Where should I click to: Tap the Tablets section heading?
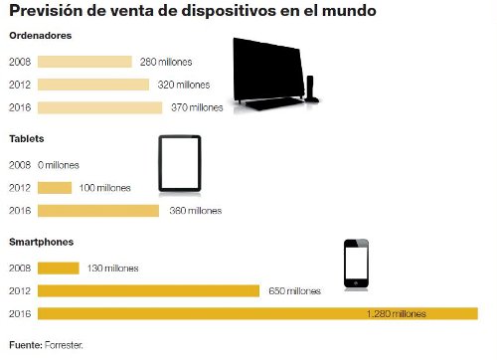coord(27,139)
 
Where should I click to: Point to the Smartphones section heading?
coord(42,242)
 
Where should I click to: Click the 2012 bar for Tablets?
coord(55,188)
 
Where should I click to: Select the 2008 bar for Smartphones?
coord(59,269)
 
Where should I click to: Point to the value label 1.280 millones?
coord(397,314)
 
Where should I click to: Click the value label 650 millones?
coord(295,291)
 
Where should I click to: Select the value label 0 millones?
coord(58,165)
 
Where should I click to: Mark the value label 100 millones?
coord(106,188)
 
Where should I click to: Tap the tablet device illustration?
coord(180,163)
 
